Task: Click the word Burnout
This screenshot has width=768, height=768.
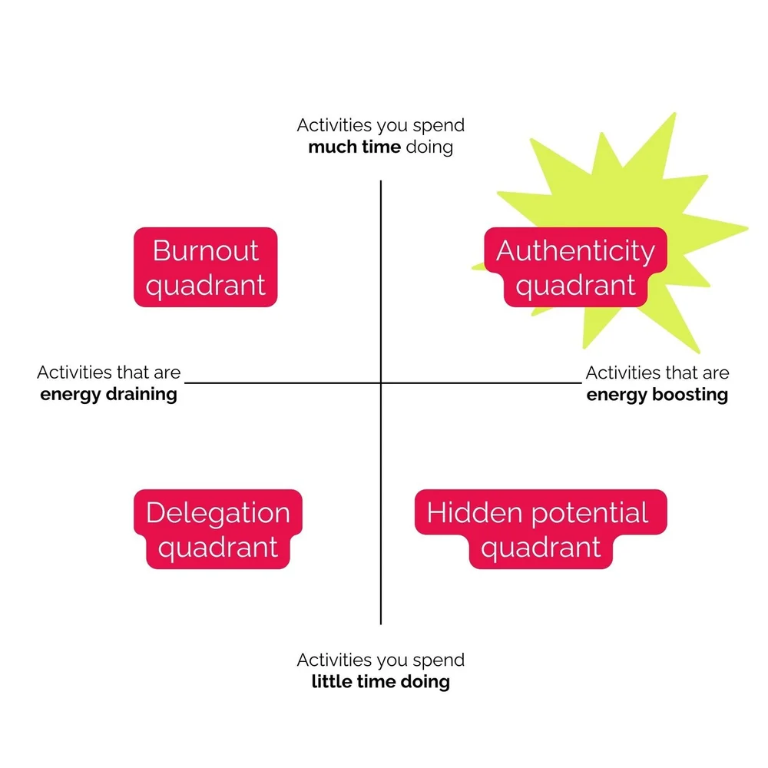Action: pyautogui.click(x=205, y=250)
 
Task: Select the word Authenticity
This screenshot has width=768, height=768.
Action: pyautogui.click(x=575, y=250)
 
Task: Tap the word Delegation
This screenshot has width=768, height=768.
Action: pyautogui.click(x=218, y=512)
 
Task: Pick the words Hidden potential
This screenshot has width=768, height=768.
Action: pyautogui.click(x=538, y=512)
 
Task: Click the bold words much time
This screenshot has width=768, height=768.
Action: pyautogui.click(x=354, y=146)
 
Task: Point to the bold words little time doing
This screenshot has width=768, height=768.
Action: pyautogui.click(x=380, y=681)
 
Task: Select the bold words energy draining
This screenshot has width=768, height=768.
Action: pyautogui.click(x=108, y=395)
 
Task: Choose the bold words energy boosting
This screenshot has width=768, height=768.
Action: pyautogui.click(x=657, y=395)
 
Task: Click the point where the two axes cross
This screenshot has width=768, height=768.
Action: pyautogui.click(x=381, y=382)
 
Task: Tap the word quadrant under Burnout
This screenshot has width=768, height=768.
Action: pyautogui.click(x=205, y=286)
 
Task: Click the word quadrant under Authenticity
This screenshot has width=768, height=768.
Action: pyautogui.click(x=575, y=286)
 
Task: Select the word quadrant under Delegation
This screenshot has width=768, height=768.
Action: pyautogui.click(x=218, y=548)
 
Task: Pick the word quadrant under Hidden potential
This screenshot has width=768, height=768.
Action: pyautogui.click(x=541, y=548)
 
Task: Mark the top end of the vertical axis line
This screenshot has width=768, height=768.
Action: pyautogui.click(x=381, y=182)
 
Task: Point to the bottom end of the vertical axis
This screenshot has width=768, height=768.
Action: pyautogui.click(x=381, y=623)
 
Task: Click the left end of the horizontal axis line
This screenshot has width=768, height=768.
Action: pyautogui.click(x=187, y=382)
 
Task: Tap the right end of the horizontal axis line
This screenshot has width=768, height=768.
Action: pyautogui.click(x=581, y=382)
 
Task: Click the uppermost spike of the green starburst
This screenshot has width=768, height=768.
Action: pyautogui.click(x=674, y=114)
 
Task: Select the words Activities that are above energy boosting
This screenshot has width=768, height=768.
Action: pyautogui.click(x=657, y=373)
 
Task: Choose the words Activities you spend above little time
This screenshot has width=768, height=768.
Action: pyautogui.click(x=380, y=660)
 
